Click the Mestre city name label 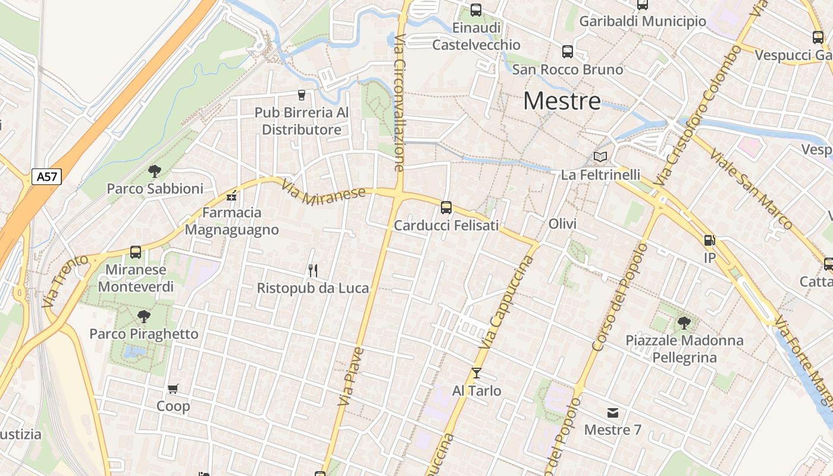[562, 101]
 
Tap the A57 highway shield [46, 177]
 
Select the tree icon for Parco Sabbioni [155, 172]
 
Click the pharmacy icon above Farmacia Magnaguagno [231, 196]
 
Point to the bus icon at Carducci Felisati [446, 208]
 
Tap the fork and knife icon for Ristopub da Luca [313, 271]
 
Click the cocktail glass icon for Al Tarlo [477, 373]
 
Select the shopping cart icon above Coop [173, 389]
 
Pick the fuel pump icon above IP [709, 241]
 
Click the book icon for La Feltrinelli [600, 157]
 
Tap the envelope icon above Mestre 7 [612, 412]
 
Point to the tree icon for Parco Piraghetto [143, 317]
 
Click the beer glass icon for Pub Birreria [302, 95]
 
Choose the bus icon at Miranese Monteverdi [136, 252]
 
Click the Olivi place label [562, 224]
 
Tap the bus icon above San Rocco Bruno [568, 52]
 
